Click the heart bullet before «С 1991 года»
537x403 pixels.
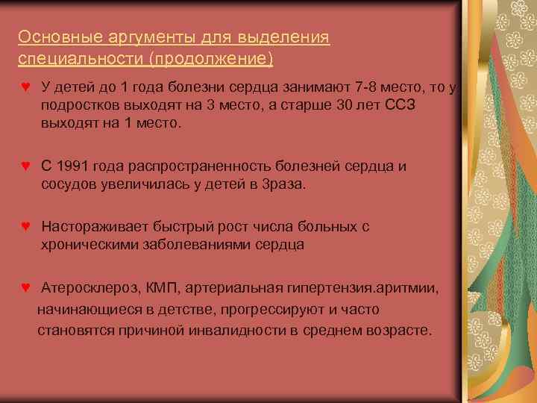tap(26, 165)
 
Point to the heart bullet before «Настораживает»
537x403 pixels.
tap(26, 225)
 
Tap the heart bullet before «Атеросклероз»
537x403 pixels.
tap(26, 287)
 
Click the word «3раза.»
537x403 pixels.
tap(280, 184)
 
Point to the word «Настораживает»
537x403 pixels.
tap(95, 226)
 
